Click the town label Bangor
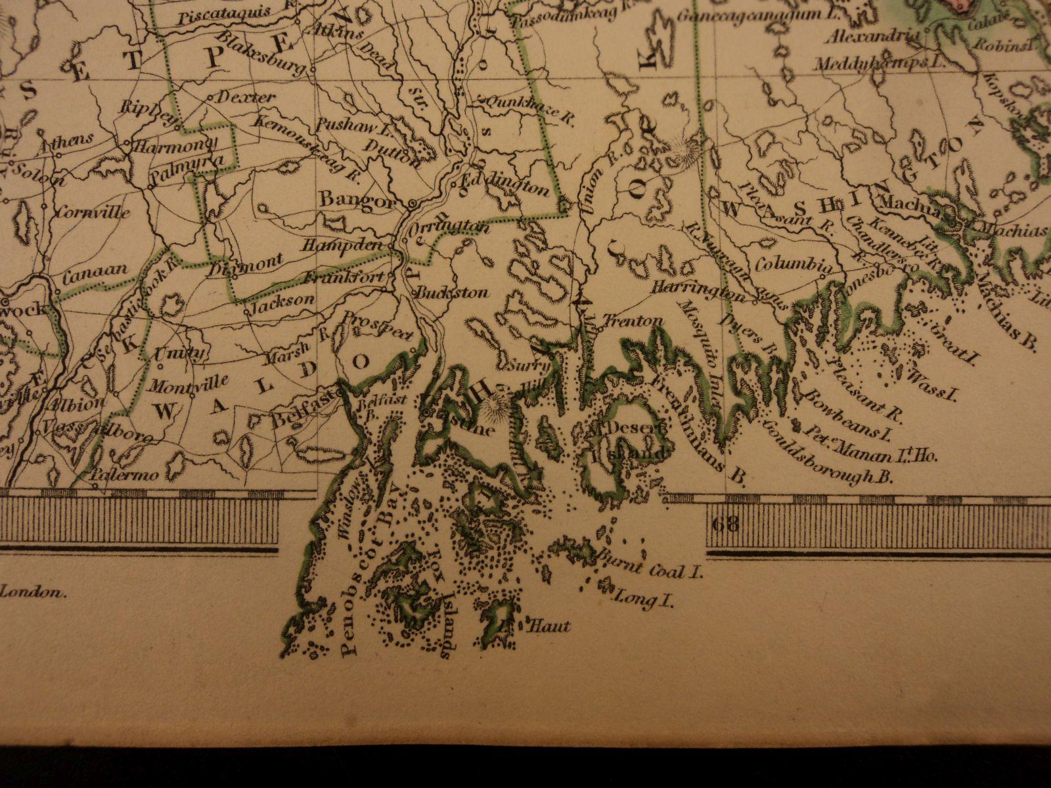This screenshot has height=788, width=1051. (x=357, y=199)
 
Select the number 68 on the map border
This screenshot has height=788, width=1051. (x=725, y=523)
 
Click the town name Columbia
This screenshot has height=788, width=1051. (x=792, y=265)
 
